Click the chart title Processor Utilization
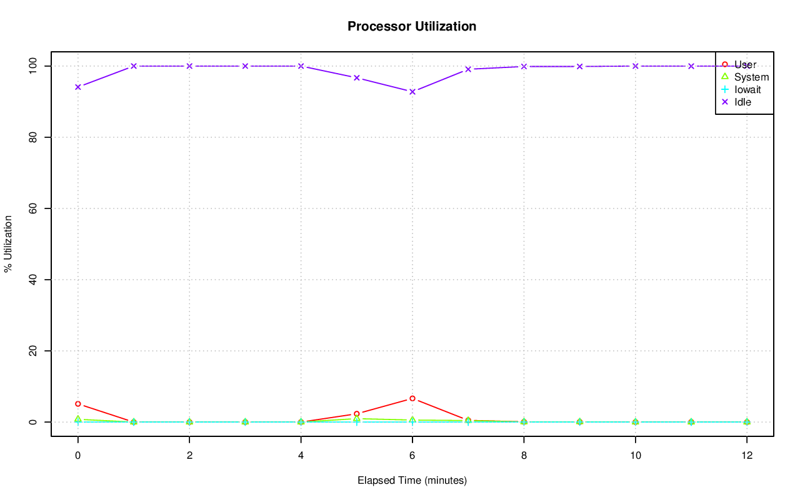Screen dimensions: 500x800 pos(412,26)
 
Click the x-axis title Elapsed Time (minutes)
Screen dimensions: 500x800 pos(412,481)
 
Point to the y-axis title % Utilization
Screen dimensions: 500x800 pos(9,243)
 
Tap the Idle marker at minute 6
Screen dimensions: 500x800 pos(412,92)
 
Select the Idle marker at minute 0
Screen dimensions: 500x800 pos(77,87)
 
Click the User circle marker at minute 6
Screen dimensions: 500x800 pos(412,398)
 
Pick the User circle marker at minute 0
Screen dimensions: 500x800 pos(77,404)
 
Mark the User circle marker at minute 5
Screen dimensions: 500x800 pos(357,414)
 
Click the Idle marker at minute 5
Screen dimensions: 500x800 pos(357,77)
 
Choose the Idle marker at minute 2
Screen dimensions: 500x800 pos(189,66)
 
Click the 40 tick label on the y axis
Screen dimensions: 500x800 pos(32,280)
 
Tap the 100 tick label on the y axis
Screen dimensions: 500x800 pos(32,66)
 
